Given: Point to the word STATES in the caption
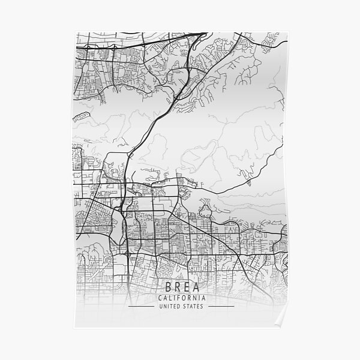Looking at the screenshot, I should point(193,307).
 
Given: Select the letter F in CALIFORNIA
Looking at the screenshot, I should point(178,298).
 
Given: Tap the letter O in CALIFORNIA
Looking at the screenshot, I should point(184,298).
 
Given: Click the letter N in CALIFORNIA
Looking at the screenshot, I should point(195,298).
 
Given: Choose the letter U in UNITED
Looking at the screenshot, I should point(161,307).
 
